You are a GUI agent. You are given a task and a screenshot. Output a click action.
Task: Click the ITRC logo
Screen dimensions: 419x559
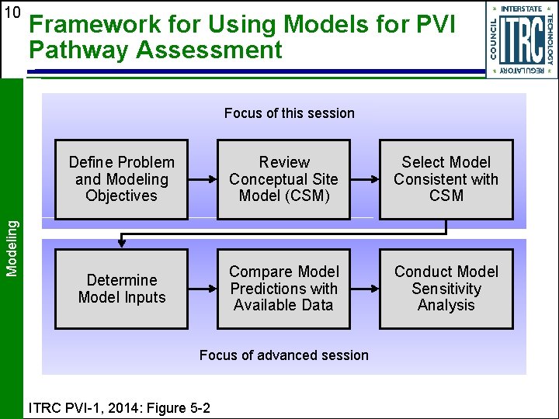[521, 40]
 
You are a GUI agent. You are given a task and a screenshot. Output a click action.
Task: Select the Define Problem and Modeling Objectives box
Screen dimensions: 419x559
[121, 179]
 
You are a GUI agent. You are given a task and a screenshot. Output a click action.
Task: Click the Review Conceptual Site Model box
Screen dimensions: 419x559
[283, 179]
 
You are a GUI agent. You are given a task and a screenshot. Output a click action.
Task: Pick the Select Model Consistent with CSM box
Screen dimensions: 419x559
[446, 179]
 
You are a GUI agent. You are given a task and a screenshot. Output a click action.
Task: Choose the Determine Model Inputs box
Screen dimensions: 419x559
[121, 289]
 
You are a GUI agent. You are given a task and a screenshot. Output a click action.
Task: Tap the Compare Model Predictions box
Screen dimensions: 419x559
[283, 289]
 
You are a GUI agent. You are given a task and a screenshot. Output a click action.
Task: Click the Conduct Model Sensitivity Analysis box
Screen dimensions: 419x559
[446, 289]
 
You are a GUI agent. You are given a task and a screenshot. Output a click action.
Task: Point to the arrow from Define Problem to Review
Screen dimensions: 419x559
[203, 179]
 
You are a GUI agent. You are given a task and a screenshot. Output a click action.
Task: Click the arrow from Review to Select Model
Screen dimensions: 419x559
[365, 179]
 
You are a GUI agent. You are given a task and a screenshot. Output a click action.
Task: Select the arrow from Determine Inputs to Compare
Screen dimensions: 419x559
[203, 289]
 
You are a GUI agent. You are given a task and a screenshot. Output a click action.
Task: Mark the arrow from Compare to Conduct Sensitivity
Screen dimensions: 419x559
[365, 289]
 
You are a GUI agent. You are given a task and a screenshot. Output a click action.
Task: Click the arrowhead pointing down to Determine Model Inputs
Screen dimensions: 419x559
[121, 243]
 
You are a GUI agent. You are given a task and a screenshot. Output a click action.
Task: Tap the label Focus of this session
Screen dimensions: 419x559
[289, 113]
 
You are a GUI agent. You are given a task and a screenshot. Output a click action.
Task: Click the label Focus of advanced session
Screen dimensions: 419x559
[283, 355]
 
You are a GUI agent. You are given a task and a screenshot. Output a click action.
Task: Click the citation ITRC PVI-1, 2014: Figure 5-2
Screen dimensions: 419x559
[118, 407]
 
